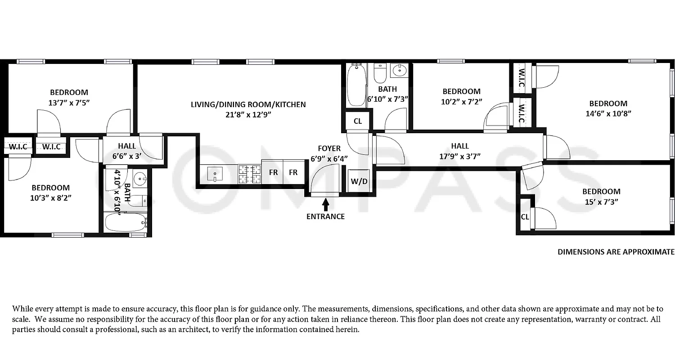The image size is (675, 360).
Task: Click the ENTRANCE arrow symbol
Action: pyautogui.click(x=326, y=205)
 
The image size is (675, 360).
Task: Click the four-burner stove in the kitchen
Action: pyautogui.click(x=250, y=174)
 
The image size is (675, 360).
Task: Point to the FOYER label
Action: pyautogui.click(x=329, y=148)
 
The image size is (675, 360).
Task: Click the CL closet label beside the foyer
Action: pyautogui.click(x=358, y=121)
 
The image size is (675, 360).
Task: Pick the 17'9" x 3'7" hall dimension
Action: pyautogui.click(x=460, y=156)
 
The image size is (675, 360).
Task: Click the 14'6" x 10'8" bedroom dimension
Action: pyautogui.click(x=608, y=113)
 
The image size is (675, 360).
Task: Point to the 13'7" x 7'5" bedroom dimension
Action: pyautogui.click(x=69, y=103)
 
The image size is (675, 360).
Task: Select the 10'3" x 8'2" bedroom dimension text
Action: pyautogui.click(x=50, y=198)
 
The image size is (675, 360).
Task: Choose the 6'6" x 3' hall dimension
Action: pyautogui.click(x=126, y=156)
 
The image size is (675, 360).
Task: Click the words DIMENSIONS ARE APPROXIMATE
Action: pyautogui.click(x=616, y=252)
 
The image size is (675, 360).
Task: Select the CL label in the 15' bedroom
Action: pyautogui.click(x=525, y=217)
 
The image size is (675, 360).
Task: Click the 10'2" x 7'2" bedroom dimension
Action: pyautogui.click(x=461, y=101)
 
